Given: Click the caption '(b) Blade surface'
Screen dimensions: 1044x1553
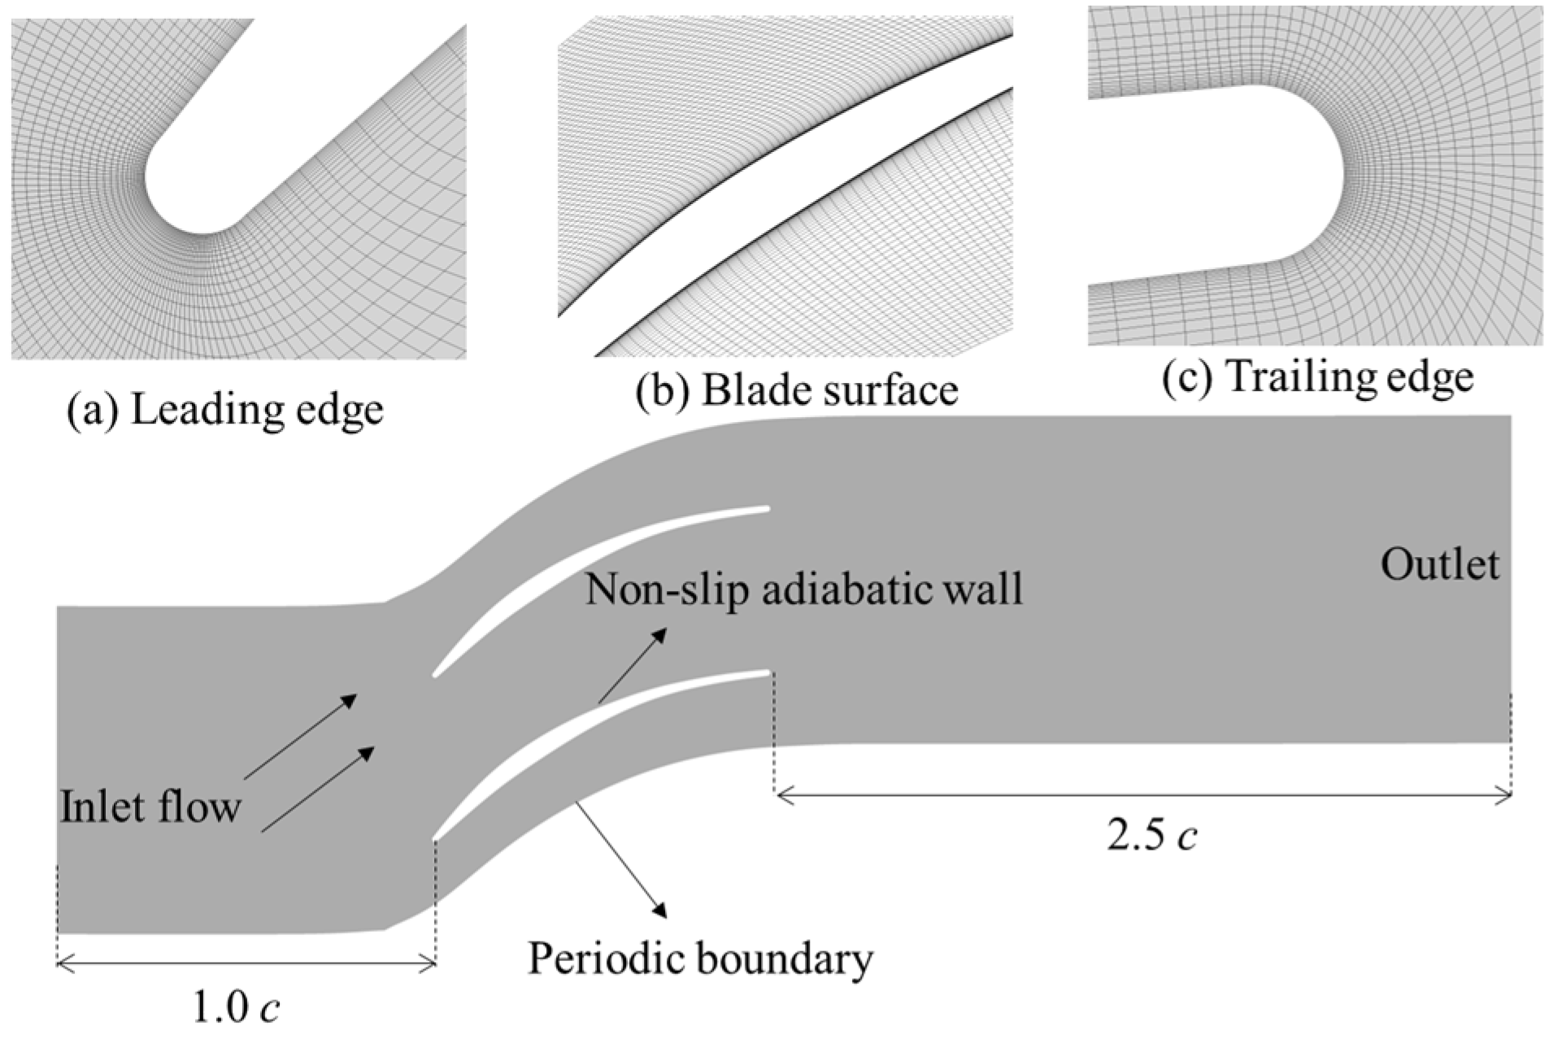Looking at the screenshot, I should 797,390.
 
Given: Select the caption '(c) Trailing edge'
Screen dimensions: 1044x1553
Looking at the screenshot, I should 1317,377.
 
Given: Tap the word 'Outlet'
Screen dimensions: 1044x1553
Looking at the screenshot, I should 1439,564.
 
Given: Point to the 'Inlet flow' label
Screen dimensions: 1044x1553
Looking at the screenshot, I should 150,807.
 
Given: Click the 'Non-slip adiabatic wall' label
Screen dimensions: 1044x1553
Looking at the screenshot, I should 803,589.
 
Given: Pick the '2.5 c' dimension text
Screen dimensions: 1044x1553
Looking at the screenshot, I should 1151,836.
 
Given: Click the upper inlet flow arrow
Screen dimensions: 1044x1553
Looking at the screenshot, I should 301,736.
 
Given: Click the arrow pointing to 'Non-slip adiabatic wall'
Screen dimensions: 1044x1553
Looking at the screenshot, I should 633,665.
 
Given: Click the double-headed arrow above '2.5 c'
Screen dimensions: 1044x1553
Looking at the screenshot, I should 1143,796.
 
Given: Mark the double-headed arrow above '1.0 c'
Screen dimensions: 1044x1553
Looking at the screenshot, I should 246,964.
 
